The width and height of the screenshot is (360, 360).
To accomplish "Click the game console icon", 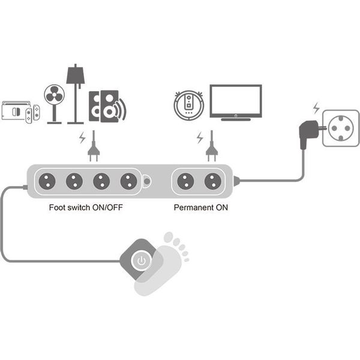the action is point(20,112).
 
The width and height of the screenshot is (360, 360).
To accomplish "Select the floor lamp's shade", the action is point(76,76).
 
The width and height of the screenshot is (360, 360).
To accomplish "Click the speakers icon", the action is point(107,106).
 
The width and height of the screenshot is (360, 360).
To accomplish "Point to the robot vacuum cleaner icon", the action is point(189,105).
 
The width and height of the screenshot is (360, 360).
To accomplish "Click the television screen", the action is point(236,101).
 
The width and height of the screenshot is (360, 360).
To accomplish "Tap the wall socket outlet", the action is point(341,128).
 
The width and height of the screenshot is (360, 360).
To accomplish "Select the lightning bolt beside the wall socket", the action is point(316,108).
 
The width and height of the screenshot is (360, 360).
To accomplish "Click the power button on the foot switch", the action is point(142,260).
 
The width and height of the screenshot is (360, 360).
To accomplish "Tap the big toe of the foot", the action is point(168,237).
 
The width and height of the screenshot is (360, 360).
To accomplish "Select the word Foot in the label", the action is point(57,208).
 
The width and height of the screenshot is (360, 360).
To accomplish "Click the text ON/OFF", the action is point(107,208).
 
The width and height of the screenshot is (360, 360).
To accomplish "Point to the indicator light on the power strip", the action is point(147,181).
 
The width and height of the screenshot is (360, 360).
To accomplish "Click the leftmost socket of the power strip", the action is point(47,181).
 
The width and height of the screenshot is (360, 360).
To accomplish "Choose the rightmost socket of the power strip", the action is point(213,181).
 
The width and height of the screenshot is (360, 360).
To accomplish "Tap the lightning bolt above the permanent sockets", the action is point(200,138).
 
